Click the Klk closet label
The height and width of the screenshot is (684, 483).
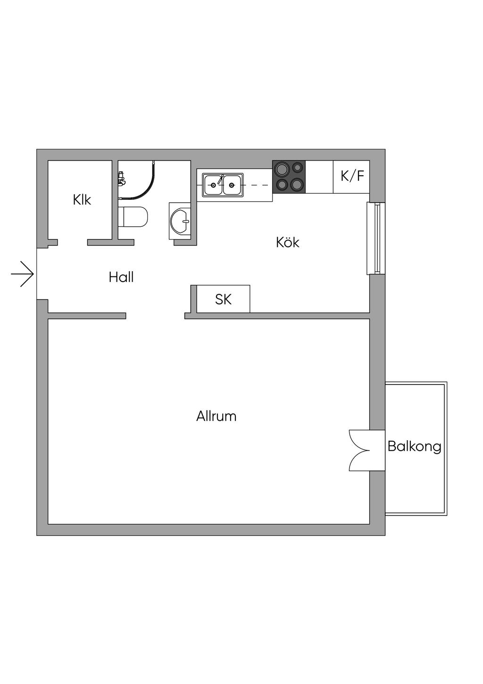click(82, 200)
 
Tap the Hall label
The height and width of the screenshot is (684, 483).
click(121, 277)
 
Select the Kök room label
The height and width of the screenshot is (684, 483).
click(288, 242)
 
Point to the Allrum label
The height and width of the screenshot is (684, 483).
click(217, 416)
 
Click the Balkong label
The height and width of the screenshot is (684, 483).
click(414, 446)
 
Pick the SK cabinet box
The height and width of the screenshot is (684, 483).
click(223, 299)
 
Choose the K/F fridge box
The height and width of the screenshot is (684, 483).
click(352, 176)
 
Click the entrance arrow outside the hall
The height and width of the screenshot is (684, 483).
click(23, 274)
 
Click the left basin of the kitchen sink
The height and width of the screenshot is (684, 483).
click(213, 184)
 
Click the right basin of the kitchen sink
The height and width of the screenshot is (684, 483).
click(232, 184)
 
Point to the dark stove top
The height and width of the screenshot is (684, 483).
click(289, 177)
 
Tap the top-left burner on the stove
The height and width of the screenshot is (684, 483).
click(283, 169)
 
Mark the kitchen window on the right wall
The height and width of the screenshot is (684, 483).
click(376, 238)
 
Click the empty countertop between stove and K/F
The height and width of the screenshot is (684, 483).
click(319, 177)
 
